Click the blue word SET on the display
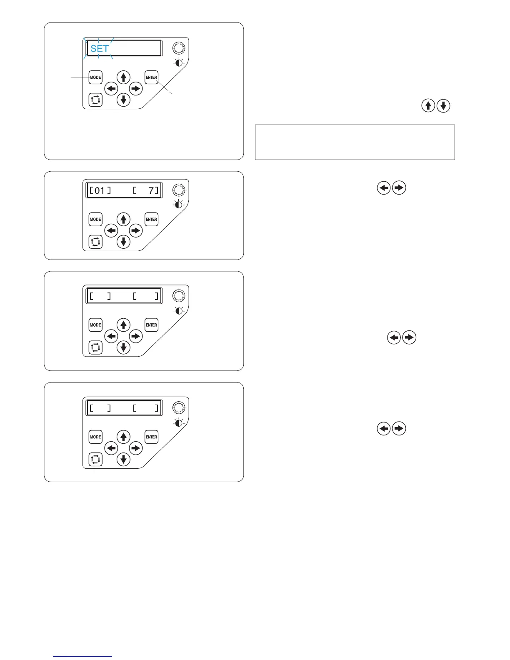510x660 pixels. [100, 48]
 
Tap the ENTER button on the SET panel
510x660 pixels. [151, 77]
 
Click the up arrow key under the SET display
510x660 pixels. [123, 77]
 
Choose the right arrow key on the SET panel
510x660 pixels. [136, 88]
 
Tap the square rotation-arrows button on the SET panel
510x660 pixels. [95, 100]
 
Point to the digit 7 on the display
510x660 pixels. [151, 191]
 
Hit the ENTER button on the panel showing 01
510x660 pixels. [151, 219]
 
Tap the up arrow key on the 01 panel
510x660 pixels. [123, 219]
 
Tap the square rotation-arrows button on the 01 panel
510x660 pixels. [95, 242]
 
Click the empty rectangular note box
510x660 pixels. [355, 142]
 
